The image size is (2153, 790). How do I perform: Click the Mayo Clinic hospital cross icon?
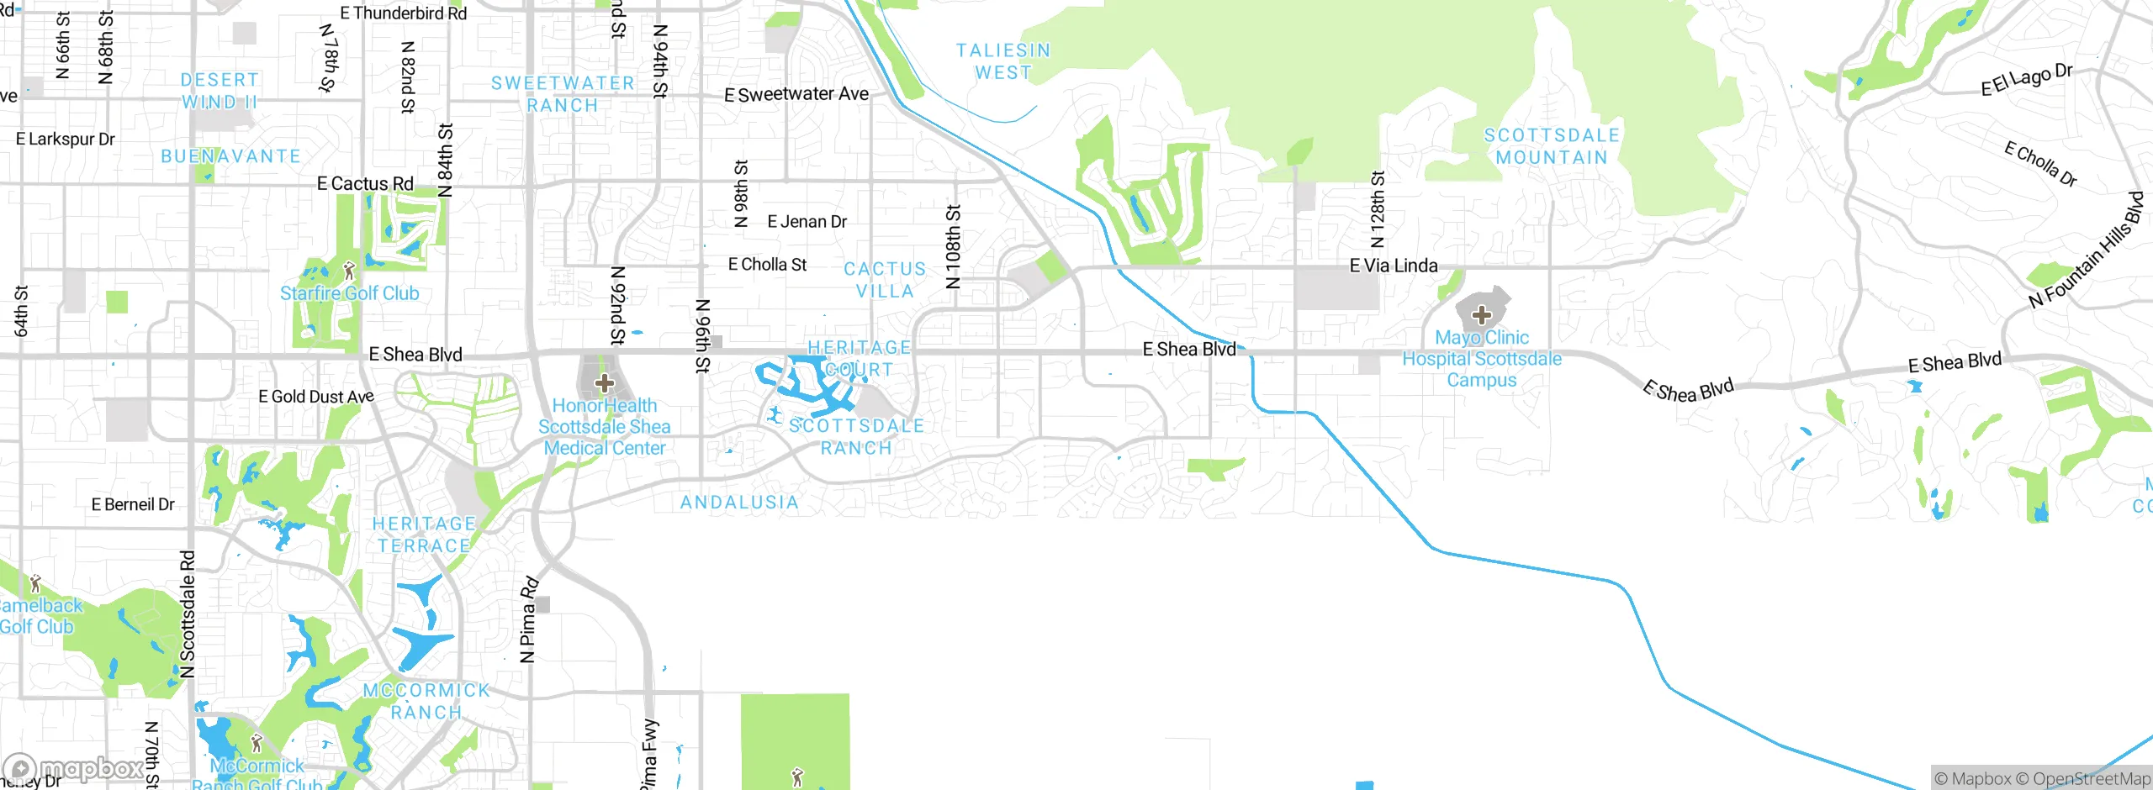click(x=1481, y=316)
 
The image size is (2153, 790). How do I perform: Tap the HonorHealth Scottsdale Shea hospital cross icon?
click(x=604, y=384)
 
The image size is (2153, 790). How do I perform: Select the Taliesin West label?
click(x=1003, y=61)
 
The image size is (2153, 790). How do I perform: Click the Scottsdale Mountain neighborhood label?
click(x=1552, y=146)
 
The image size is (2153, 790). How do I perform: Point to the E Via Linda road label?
click(x=1393, y=266)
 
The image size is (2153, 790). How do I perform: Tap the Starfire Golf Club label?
click(x=349, y=293)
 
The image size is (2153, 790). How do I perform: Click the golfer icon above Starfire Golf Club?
click(x=350, y=271)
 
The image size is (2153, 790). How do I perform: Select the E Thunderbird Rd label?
click(x=403, y=13)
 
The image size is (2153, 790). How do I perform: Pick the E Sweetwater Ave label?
click(x=796, y=94)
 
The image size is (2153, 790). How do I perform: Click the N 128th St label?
click(x=1377, y=209)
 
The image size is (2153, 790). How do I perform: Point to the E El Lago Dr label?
click(x=2026, y=80)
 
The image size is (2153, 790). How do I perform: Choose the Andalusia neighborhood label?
click(x=739, y=503)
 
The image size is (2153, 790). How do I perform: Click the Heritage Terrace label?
click(x=424, y=535)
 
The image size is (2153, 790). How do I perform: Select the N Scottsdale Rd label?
click(x=188, y=614)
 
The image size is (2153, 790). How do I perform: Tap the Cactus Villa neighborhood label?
click(x=885, y=280)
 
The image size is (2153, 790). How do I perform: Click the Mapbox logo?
click(x=74, y=769)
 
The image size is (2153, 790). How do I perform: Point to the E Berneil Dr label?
click(x=133, y=504)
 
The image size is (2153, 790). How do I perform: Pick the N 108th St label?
click(x=952, y=246)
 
